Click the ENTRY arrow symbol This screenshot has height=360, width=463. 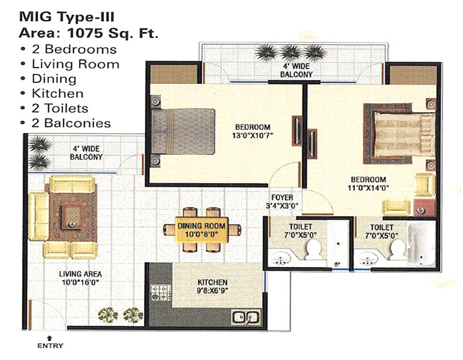pyautogui.click(x=49, y=337)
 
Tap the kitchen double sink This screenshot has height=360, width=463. pyautogui.click(x=246, y=317)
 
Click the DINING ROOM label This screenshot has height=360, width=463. pyautogui.click(x=202, y=226)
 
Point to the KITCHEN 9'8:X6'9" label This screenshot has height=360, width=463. pyautogui.click(x=212, y=286)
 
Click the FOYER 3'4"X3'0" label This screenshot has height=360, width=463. pyautogui.click(x=283, y=201)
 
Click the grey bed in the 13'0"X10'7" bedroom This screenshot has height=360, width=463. pyautogui.click(x=183, y=132)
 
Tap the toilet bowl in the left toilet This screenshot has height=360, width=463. pyautogui.click(x=313, y=249)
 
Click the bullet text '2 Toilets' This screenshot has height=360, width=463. pyautogui.click(x=60, y=108)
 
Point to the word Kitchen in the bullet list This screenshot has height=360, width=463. pyautogui.click(x=57, y=94)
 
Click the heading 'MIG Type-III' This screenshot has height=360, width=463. pyautogui.click(x=67, y=17)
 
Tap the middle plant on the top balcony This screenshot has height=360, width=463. pyautogui.click(x=290, y=53)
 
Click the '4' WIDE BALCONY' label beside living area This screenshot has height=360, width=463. pyautogui.click(x=86, y=153)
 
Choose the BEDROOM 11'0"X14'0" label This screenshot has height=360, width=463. pyautogui.click(x=368, y=184)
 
